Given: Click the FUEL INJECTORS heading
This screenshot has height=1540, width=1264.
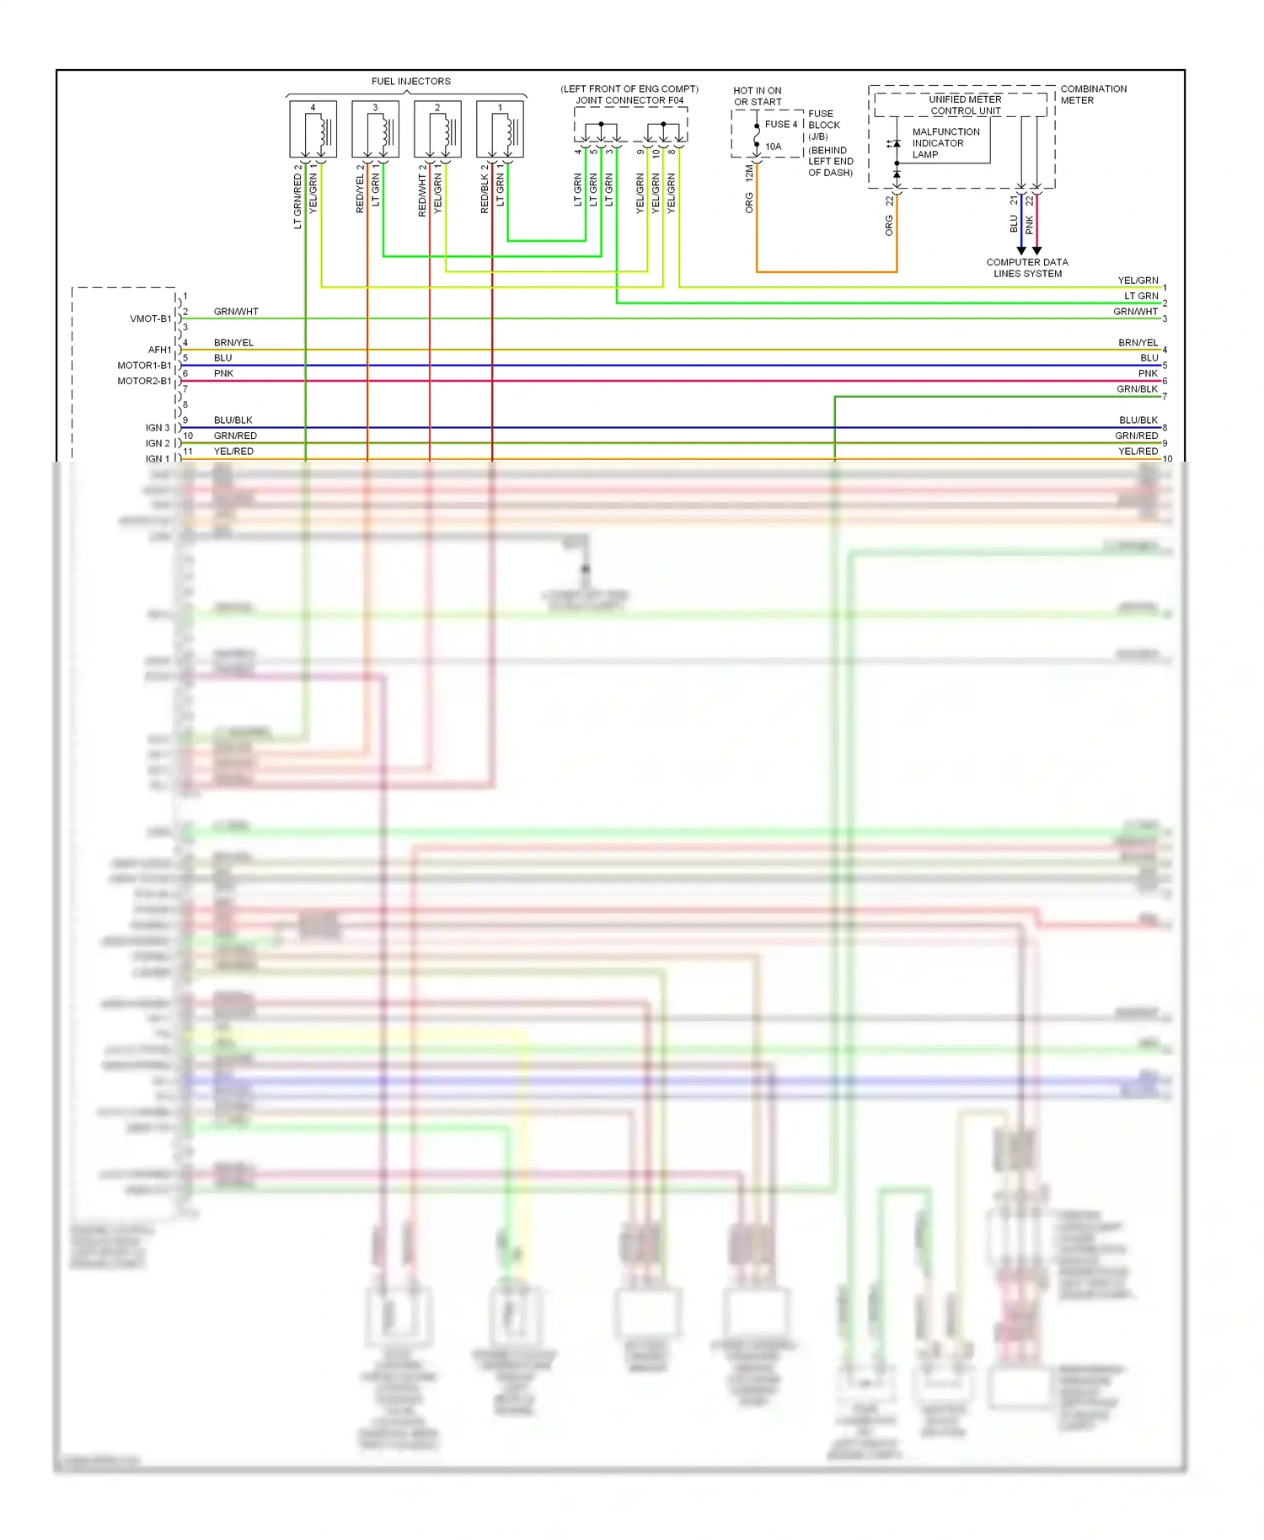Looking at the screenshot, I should point(410,82).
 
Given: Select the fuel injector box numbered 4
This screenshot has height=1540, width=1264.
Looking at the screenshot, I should point(313,130).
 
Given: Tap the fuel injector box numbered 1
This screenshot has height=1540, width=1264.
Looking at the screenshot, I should point(500,130).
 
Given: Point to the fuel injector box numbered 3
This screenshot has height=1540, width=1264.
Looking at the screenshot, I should point(375,130).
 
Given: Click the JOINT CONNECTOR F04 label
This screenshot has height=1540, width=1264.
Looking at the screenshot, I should point(629,100).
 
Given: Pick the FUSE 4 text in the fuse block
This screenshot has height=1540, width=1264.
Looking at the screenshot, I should point(780,125).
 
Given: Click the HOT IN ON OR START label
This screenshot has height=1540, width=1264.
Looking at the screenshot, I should point(757,96).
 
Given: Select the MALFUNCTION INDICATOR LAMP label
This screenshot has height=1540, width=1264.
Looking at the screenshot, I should point(945,143).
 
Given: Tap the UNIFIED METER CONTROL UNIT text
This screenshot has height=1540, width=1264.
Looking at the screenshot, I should point(965,105).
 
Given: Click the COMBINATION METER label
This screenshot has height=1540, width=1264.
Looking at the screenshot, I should point(1093,94).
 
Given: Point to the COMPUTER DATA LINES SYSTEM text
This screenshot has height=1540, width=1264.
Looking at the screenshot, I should point(1027,268).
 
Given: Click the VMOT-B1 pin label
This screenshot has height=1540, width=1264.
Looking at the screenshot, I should point(150,319).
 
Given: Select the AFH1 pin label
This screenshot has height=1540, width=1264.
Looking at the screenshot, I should point(159,350).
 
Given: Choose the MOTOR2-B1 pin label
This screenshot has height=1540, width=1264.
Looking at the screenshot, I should point(144,381).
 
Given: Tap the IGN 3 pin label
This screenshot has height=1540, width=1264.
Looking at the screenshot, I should point(157,428).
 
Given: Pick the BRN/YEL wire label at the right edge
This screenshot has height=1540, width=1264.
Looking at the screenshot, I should point(1138,343).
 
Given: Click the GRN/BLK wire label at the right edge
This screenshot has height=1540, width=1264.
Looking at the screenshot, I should point(1137,389).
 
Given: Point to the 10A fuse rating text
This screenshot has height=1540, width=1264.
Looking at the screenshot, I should point(773,147).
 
